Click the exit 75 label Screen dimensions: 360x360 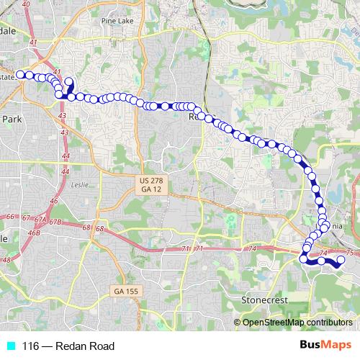[350, 253]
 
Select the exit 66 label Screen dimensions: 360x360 [10, 217]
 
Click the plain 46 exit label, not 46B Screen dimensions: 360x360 [53, 201]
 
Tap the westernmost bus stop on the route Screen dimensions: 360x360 [21, 74]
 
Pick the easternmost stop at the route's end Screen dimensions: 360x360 [341, 269]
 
